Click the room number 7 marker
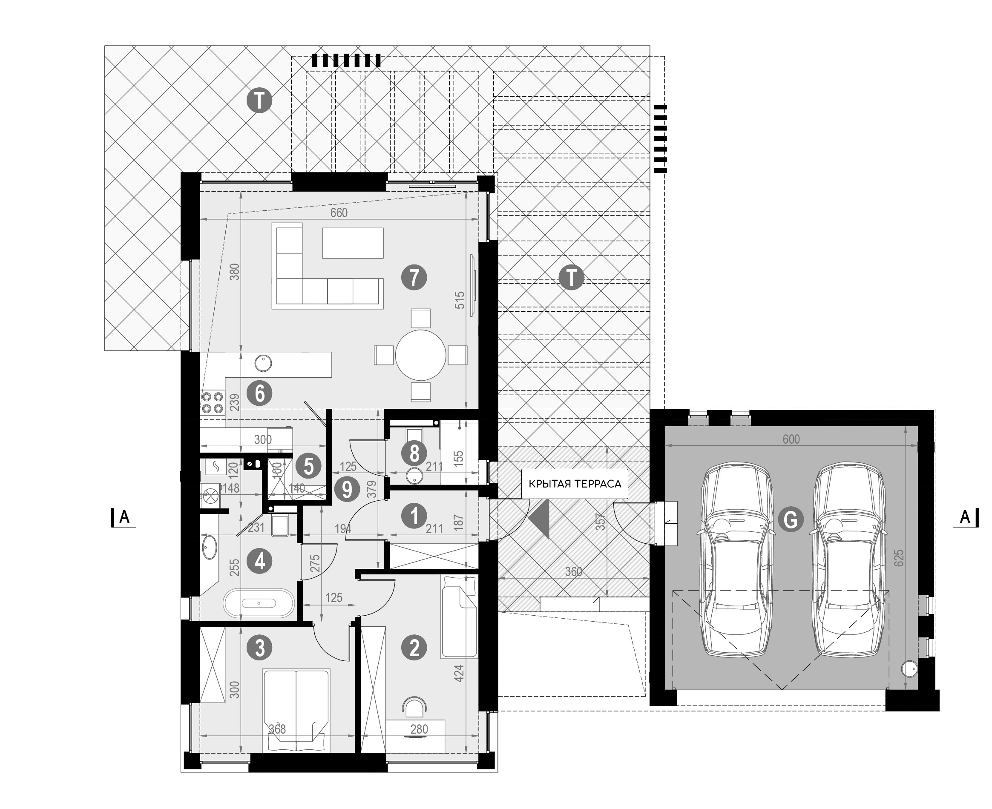pos(414,278)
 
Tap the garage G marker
pos(791,519)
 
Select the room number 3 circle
pos(260,648)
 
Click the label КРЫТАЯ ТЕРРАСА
pos(575,484)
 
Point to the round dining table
pos(420,355)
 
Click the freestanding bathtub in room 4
pos(259,603)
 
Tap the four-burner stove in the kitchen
pos(212,404)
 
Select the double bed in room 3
pos(296,710)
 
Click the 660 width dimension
pos(339,212)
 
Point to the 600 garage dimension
pos(791,439)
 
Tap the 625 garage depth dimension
pos(899,558)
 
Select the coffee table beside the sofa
pos(353,243)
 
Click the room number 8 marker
pos(414,453)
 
